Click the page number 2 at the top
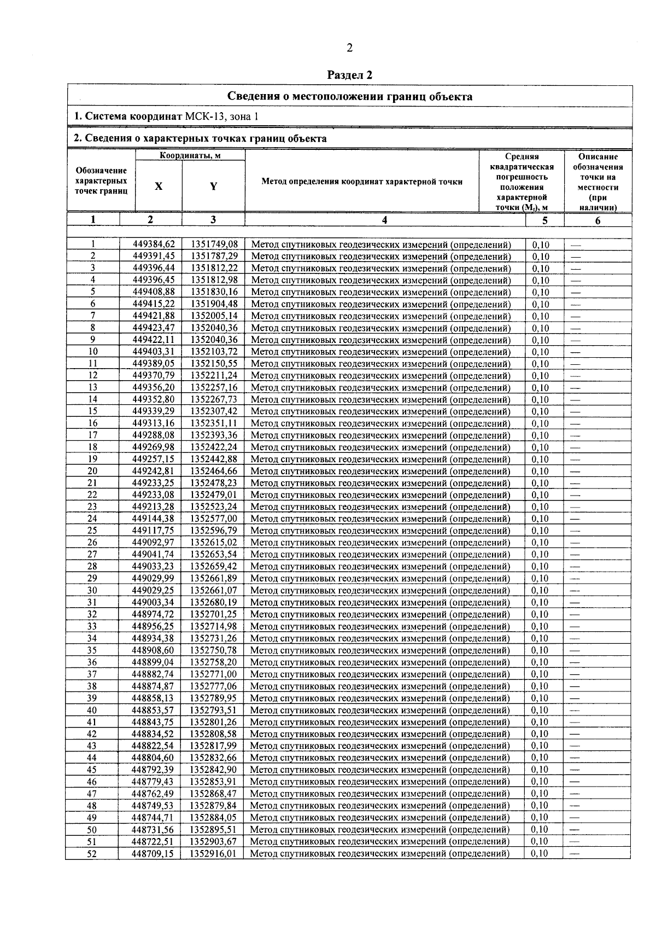(349, 48)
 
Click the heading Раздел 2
(349, 75)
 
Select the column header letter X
(159, 186)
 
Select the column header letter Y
(213, 186)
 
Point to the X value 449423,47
(154, 328)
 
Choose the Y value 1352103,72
(214, 352)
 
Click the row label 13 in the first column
(93, 388)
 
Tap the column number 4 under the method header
(385, 220)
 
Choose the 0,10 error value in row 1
(541, 245)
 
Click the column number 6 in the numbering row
(598, 220)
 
